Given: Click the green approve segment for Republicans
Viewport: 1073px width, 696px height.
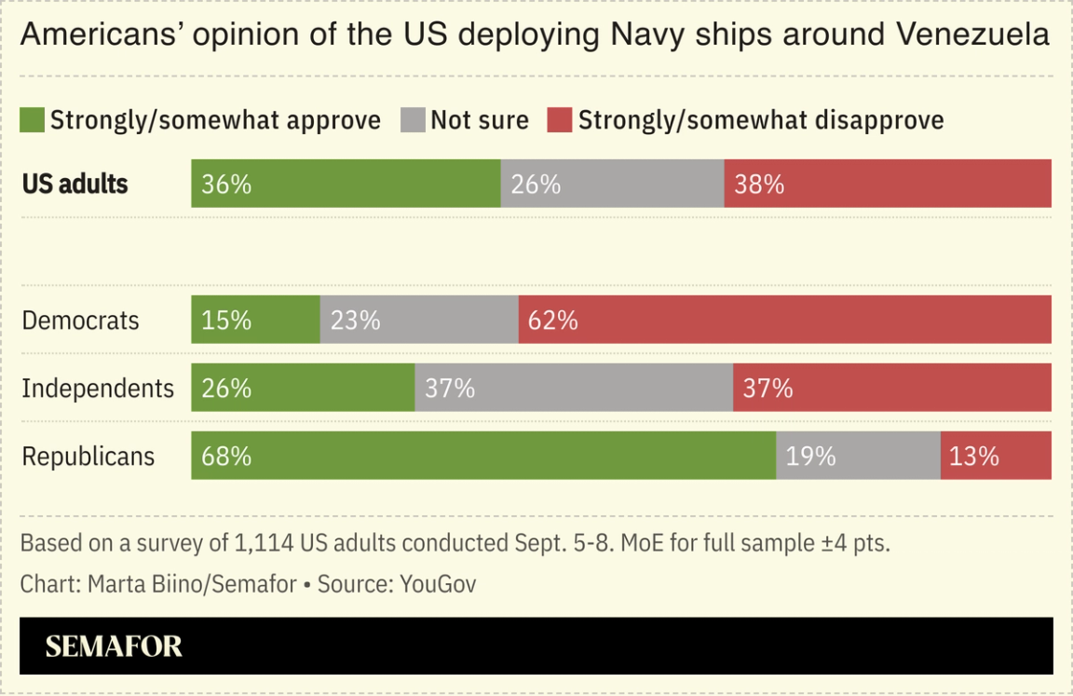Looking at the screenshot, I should (483, 456).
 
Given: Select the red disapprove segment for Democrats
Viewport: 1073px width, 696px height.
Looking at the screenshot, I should (784, 320).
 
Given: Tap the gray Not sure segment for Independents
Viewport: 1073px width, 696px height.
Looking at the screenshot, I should (574, 388).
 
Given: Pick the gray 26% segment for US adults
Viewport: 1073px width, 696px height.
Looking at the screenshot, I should (612, 184).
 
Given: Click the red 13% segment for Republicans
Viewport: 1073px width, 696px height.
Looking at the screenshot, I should (996, 456).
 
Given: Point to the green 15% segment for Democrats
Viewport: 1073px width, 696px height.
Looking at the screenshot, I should (255, 320).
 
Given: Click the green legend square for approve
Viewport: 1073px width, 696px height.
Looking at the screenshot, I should (33, 120).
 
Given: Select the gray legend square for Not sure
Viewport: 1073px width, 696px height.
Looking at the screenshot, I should (413, 120).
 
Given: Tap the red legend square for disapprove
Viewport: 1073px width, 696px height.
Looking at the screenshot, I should (559, 120).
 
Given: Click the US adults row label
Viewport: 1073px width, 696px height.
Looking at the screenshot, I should (75, 184).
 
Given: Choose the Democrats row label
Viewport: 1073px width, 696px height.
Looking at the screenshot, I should (80, 321).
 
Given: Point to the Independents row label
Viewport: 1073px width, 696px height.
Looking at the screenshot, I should (98, 389).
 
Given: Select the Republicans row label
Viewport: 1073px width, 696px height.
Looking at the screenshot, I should (88, 457).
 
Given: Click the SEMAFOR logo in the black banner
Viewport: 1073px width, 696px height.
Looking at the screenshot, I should (114, 647).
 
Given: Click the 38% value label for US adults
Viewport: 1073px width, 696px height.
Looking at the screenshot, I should (759, 184).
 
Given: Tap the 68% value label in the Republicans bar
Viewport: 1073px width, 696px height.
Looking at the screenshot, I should (226, 457).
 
